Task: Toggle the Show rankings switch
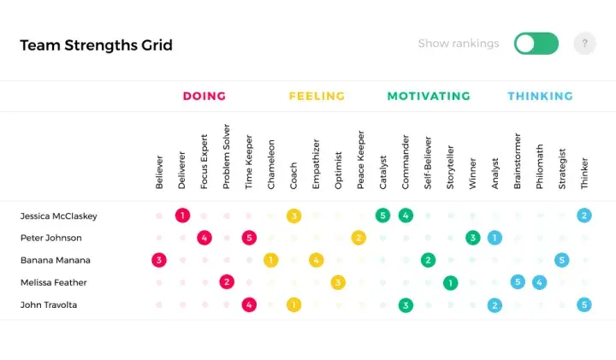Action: coord(536,44)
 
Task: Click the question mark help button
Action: coord(584,44)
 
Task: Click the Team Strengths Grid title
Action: coord(96,45)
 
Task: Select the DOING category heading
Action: coord(204,96)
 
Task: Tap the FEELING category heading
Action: coord(317,96)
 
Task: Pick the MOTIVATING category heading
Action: coord(429,96)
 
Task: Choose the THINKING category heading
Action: coord(540,96)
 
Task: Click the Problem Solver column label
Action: coord(226,156)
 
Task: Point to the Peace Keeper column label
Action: coord(361,160)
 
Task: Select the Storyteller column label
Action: coord(450,168)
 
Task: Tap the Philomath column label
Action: coord(540,167)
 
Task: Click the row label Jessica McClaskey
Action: coord(58,216)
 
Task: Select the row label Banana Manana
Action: coord(56,260)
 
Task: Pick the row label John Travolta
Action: coord(49,305)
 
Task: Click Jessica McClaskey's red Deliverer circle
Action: coord(182,215)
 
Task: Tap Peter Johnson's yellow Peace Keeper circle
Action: coord(358,238)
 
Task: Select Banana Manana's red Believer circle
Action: coord(159,260)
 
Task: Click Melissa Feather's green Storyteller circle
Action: coord(450,283)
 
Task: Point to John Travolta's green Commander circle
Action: coord(406,305)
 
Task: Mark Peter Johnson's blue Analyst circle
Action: coord(495,238)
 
